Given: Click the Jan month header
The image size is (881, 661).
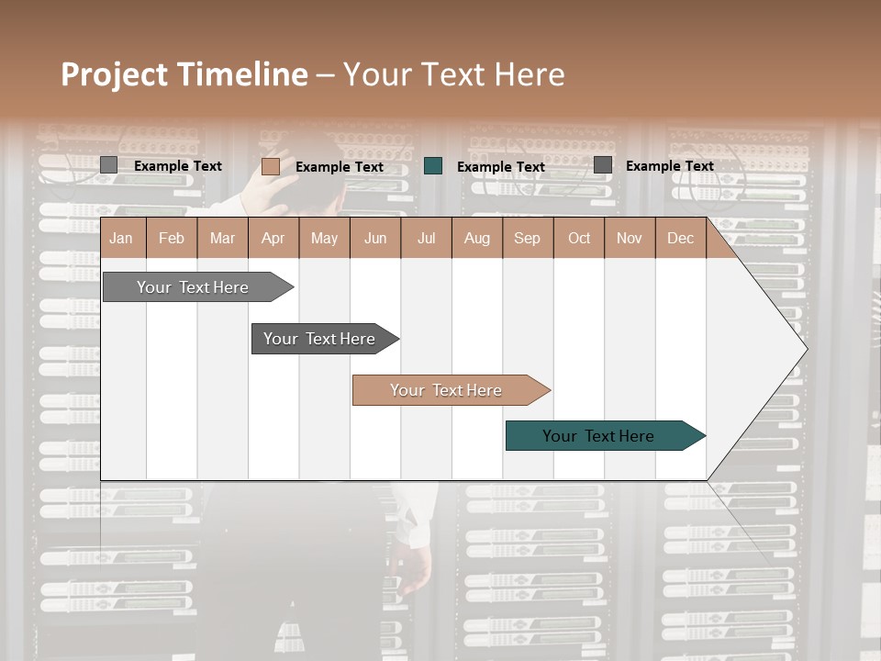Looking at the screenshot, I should coord(121,238).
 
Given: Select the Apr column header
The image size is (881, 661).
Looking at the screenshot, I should coord(273,238).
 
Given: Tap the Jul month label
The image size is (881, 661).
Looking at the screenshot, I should coord(426,238).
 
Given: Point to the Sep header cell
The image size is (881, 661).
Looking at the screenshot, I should coord(527,238).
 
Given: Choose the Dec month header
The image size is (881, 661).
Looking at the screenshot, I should coord(680,238).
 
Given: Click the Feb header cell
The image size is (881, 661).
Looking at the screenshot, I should coord(172,238).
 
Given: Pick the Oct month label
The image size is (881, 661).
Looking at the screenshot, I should coord(579,238).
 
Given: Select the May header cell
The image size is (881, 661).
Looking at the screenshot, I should coord(324,238).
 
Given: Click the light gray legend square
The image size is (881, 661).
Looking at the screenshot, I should coord(108,165).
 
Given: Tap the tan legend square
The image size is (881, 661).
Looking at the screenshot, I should coord(270,166).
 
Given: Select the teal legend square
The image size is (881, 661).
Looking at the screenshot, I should coord(433,166).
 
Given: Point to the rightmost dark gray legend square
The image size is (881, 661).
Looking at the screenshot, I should coord(603,165).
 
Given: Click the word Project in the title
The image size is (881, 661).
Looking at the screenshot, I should coord(115,74).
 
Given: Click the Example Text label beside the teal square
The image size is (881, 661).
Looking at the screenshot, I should coord(500,167).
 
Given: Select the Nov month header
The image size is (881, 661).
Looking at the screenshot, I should coord(630,238).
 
